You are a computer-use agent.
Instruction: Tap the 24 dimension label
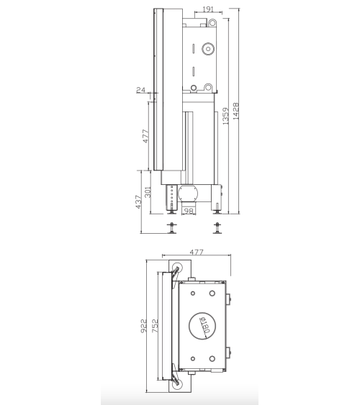point(140,90)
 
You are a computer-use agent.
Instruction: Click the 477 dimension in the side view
point(145,135)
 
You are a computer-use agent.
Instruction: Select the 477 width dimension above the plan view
point(196,252)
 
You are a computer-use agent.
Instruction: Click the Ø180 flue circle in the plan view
point(202,326)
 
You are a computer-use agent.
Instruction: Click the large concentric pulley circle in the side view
point(208,51)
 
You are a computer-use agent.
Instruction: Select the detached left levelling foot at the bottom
point(171,228)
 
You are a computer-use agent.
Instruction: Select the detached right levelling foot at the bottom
point(217,228)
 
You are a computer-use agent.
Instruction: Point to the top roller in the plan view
point(177,268)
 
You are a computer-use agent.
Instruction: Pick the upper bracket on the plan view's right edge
point(230,297)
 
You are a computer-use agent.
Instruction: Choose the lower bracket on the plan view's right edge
point(230,353)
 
